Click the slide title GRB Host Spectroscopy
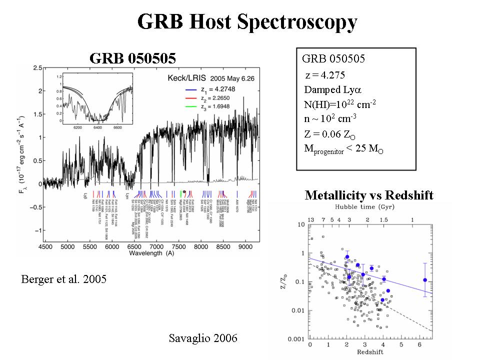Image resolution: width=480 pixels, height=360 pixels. [x=247, y=22]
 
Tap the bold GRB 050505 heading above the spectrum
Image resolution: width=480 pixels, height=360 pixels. [x=132, y=58]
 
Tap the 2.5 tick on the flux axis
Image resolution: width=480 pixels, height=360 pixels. [x=36, y=67]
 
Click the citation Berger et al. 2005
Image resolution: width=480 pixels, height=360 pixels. [x=63, y=279]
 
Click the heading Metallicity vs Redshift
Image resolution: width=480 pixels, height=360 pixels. [x=369, y=195]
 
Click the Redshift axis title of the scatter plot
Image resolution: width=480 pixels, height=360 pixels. [x=370, y=352]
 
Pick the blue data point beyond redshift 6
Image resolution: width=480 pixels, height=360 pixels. [x=424, y=280]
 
